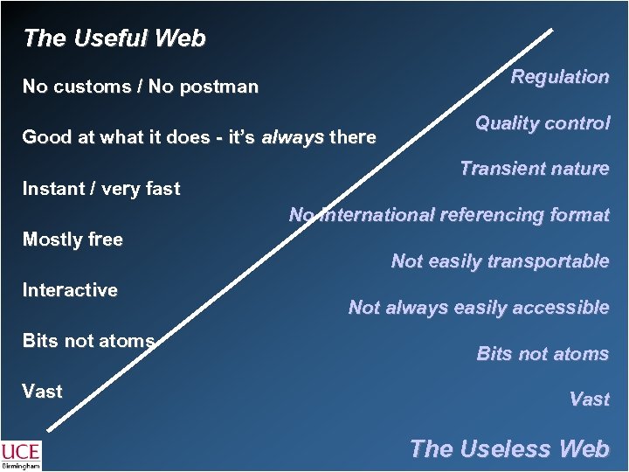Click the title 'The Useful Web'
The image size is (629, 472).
[x=114, y=38]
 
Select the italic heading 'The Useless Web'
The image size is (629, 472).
[x=509, y=448]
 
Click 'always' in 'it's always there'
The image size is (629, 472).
[x=293, y=137]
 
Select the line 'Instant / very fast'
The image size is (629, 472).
[x=101, y=188]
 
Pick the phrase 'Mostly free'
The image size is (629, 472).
[x=73, y=239]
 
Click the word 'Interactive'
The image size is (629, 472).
[x=70, y=289]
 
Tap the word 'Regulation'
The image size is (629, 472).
[x=560, y=77]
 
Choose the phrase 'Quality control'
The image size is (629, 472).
[x=543, y=123]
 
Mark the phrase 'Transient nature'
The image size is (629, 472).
[x=535, y=169]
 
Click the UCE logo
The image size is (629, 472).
[x=21, y=451]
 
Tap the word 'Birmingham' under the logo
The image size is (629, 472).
[x=21, y=467]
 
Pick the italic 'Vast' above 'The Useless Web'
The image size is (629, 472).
[x=589, y=399]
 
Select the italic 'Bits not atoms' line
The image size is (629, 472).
[x=543, y=353]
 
